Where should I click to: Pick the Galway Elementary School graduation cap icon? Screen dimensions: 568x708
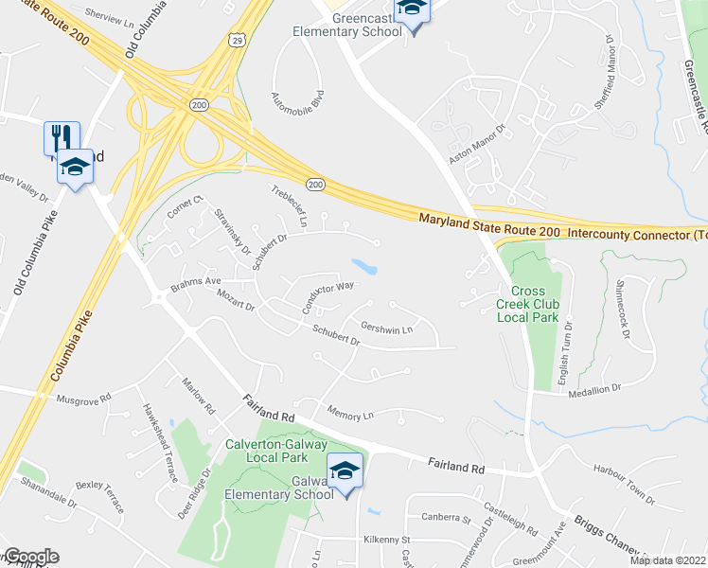point(345,470)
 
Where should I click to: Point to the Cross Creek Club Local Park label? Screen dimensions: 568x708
point(528,304)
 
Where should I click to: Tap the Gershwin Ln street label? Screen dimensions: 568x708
point(388,328)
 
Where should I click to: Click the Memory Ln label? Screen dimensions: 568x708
point(350,414)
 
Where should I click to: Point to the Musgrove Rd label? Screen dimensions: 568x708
point(83,399)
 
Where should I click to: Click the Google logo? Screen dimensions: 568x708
point(30,557)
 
